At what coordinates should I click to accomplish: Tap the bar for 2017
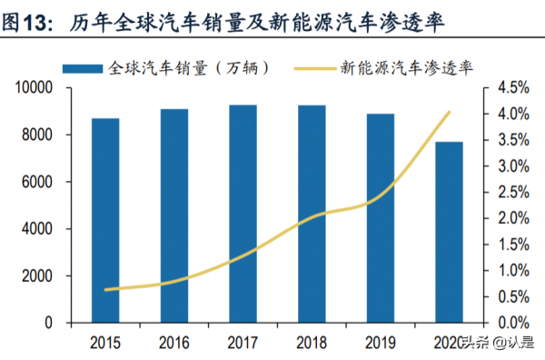pos(243,215)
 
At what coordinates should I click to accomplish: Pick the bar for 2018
pos(312,215)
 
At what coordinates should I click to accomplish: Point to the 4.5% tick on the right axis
pos(511,88)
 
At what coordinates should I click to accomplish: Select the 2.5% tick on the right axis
pos(511,193)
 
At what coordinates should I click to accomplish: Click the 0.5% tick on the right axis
pos(511,297)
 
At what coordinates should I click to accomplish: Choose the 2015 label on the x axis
pos(105,343)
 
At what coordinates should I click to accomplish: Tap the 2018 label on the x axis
pos(312,343)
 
